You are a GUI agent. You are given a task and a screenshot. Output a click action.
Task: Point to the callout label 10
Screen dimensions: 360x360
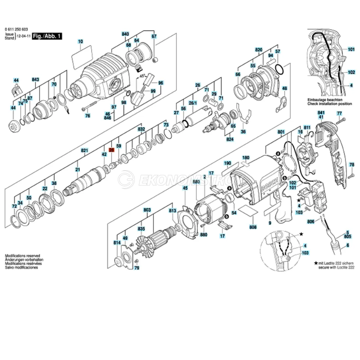(x=80, y=42)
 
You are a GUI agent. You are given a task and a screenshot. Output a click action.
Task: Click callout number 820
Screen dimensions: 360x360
(x=259, y=49)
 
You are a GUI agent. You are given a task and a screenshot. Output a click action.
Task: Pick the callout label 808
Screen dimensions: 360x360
(x=253, y=227)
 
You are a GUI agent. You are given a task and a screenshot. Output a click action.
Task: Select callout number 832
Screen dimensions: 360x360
(x=141, y=129)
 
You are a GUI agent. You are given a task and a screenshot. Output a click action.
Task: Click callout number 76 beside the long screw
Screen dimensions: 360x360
(x=87, y=116)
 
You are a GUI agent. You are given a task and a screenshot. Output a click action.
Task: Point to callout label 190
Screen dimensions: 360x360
(x=227, y=163)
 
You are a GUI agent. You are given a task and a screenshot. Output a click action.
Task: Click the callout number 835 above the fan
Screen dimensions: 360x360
(x=141, y=229)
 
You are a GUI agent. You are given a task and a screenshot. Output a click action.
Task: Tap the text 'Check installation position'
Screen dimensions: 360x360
(x=329, y=104)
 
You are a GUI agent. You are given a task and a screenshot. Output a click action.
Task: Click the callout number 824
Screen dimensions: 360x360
(x=230, y=139)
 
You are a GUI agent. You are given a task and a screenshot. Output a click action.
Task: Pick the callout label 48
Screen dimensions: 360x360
(x=284, y=88)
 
